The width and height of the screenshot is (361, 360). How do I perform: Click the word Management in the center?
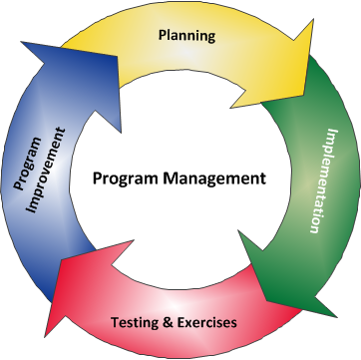tap(220, 180)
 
